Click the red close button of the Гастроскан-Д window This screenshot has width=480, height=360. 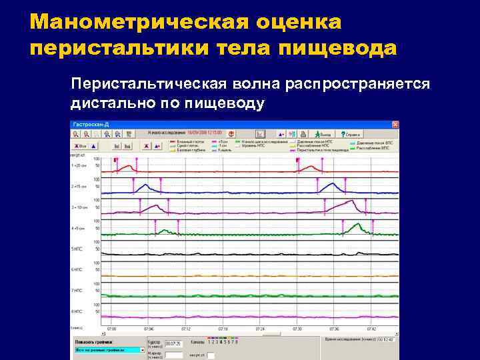click(395, 124)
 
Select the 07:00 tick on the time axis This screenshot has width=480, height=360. click(111, 329)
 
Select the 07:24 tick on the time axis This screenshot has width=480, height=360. click(260, 329)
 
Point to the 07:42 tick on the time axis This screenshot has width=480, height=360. click(371, 329)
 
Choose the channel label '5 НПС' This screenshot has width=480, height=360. click(77, 249)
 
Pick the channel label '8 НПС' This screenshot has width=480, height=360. click(77, 311)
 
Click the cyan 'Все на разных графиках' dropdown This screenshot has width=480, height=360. click(109, 349)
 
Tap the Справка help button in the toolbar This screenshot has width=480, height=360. click(348, 134)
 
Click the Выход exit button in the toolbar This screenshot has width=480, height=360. click(325, 134)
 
